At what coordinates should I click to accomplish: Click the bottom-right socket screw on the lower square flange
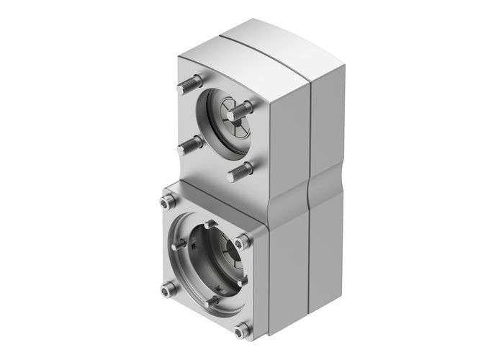coord(241,329)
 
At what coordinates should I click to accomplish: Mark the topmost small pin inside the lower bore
coord(207,225)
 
